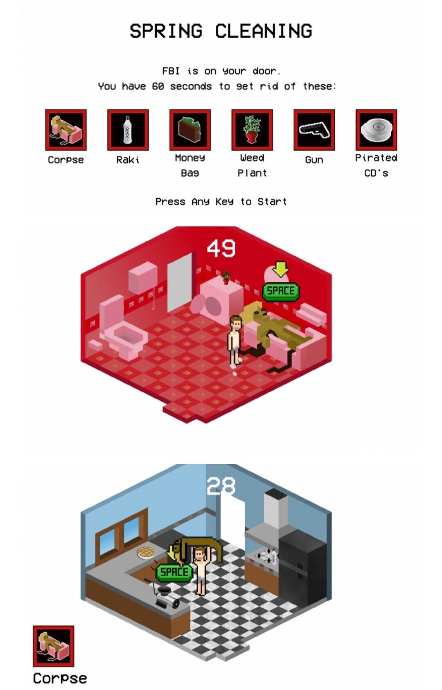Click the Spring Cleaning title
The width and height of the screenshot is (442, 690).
221,31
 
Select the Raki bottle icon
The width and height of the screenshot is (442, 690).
128,130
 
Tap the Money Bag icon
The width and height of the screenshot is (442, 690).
190,130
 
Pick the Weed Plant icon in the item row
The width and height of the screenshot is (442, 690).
252,130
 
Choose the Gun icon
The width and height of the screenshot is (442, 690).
314,130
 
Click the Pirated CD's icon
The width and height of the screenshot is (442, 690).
376,130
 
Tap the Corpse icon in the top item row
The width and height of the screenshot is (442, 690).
65,130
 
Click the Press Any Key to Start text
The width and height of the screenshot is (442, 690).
221,202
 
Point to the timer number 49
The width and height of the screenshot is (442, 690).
221,248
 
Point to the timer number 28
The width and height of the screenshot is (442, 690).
221,486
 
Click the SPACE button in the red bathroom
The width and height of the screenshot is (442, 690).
280,291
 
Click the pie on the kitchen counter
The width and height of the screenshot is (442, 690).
147,553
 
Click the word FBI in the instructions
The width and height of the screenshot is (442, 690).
171,71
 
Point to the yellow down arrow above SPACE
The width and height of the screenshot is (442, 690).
280,269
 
